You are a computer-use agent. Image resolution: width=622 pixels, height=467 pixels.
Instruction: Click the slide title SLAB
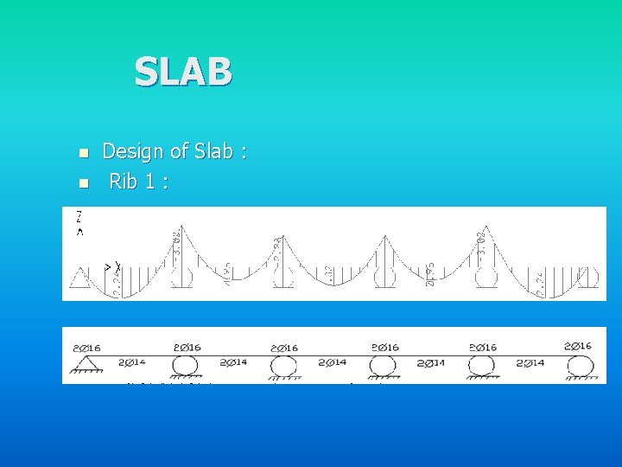pyautogui.click(x=183, y=72)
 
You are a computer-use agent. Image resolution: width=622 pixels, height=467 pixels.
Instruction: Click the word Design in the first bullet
pyautogui.click(x=132, y=151)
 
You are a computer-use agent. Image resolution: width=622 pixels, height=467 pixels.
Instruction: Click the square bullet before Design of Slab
pyautogui.click(x=83, y=154)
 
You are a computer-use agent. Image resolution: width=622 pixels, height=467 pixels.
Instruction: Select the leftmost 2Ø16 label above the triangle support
pyautogui.click(x=86, y=349)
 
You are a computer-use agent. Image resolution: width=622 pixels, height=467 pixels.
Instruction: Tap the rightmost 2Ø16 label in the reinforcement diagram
pyautogui.click(x=578, y=346)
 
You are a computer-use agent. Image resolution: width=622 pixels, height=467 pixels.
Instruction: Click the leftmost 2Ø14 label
pyautogui.click(x=132, y=362)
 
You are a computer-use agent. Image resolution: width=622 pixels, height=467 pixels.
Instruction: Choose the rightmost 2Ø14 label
pyautogui.click(x=530, y=363)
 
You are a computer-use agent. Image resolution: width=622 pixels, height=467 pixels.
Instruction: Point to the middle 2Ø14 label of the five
pyautogui.click(x=332, y=363)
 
